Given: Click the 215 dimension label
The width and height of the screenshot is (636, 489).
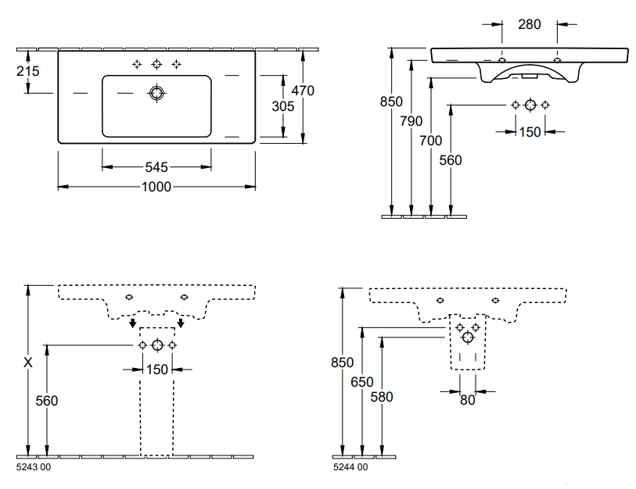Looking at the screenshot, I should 27,71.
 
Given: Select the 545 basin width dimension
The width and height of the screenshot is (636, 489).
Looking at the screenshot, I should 156,167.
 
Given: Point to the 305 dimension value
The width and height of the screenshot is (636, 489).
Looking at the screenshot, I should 283,105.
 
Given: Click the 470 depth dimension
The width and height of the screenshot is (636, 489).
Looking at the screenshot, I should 301,91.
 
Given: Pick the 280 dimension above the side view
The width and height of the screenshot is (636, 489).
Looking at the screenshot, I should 530,24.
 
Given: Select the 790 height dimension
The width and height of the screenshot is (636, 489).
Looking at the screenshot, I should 411,121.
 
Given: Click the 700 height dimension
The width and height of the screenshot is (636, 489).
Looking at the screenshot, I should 430,141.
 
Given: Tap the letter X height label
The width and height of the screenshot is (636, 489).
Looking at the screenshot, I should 28,362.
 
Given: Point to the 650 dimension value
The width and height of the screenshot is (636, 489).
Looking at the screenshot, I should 362,382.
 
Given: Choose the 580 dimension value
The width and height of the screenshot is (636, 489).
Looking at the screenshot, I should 382,396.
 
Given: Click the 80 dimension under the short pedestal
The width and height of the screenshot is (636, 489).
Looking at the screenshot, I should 467,401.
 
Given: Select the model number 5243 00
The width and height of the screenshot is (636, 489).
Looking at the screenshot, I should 34,467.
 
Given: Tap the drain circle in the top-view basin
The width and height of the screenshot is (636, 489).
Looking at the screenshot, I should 156,94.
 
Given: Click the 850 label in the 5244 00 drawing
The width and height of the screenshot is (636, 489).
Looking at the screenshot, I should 342,362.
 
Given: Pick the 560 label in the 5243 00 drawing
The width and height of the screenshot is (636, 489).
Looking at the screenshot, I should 47,401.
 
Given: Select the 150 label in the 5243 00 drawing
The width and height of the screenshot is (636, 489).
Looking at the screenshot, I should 157,369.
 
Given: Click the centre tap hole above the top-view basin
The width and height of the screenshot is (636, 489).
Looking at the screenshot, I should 156,63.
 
